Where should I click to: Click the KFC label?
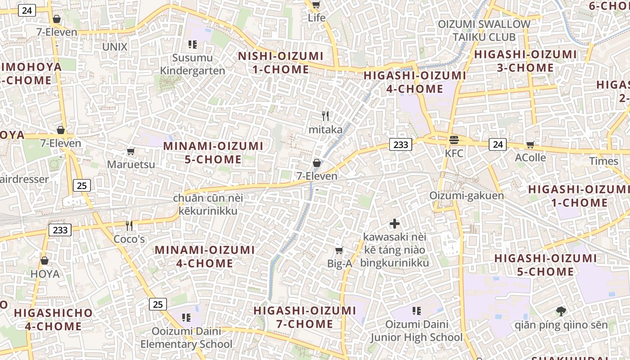pos(454,153)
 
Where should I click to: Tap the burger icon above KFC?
pos(454,140)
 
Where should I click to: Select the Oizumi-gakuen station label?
pos(466,196)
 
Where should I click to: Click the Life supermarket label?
pos(316,18)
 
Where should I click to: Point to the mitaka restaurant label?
pos(325,130)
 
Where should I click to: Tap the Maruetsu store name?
pos(131,164)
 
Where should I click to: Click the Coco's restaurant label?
pos(129,239)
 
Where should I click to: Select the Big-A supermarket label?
pos(339,264)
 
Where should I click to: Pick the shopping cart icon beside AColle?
pos(531,144)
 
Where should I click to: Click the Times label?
pos(603,161)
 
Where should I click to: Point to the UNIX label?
pos(115,47)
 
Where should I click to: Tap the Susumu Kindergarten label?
pos(193,64)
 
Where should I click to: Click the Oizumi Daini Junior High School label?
pos(417,331)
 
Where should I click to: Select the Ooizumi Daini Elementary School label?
pos(186,338)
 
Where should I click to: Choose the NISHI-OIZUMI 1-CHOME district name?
pos(281,63)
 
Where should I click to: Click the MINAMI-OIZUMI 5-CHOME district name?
pos(213,153)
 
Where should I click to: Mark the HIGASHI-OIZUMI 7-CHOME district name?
pos(305,317)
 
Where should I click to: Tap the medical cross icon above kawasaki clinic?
pos(395,223)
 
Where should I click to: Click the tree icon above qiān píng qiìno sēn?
pos(561,311)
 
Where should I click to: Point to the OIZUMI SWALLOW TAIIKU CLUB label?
pos(484,31)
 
